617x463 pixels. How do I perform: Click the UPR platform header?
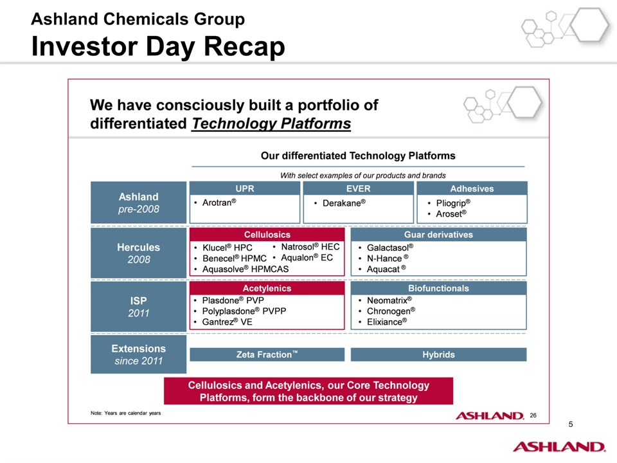tap(245, 188)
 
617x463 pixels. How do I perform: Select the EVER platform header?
tap(359, 188)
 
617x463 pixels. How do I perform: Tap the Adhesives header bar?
tap(472, 188)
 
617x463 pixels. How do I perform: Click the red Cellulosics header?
tap(267, 235)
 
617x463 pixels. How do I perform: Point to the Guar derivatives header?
tap(438, 235)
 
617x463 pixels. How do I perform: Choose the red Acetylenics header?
tap(267, 288)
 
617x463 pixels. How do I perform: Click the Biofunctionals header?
tap(438, 288)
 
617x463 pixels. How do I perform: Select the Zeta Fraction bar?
tap(267, 354)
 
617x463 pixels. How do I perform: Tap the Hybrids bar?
tap(438, 354)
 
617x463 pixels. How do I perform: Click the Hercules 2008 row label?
tap(139, 253)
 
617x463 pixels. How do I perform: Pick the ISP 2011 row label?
tap(139, 307)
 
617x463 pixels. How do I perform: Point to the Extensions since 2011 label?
tap(139, 354)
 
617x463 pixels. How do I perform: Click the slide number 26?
tap(533, 415)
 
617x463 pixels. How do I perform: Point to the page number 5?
tap(571, 424)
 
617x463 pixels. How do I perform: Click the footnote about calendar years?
tap(125, 413)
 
